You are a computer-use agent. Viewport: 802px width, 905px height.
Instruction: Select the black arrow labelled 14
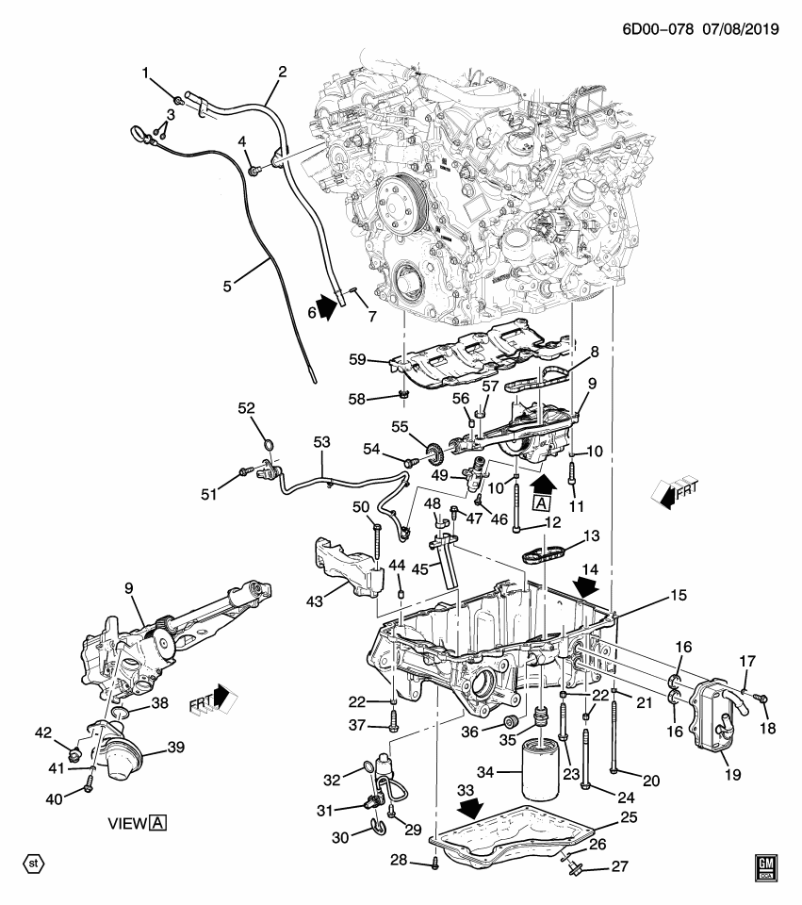point(587,588)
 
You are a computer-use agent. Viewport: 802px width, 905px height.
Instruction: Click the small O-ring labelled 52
point(269,445)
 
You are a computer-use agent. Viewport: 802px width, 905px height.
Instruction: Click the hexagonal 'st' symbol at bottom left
point(33,863)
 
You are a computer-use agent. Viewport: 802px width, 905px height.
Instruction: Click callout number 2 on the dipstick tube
point(282,71)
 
